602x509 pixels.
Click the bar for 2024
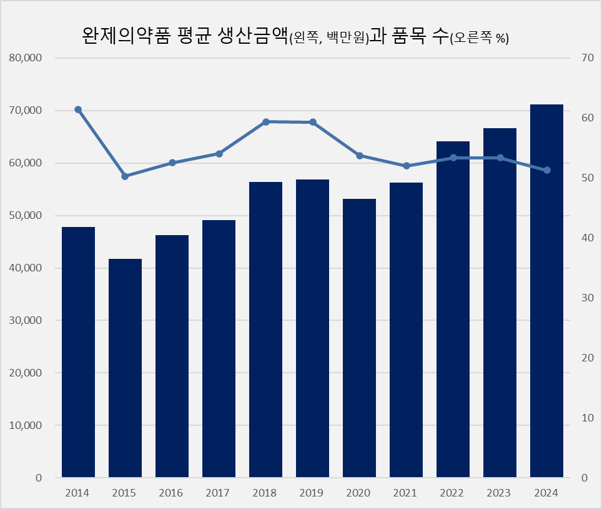[546, 291]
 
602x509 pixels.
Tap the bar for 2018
[265, 330]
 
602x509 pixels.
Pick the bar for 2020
[359, 338]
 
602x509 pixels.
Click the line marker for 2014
[78, 109]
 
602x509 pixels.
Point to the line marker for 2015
[125, 176]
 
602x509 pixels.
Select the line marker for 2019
[313, 122]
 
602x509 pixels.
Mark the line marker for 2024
[547, 170]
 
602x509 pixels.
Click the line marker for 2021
[407, 166]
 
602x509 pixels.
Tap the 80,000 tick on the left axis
[26, 58]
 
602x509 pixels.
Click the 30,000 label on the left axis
[26, 320]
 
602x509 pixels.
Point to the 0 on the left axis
[38, 478]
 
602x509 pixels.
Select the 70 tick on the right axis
[586, 58]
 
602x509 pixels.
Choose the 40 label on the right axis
[586, 238]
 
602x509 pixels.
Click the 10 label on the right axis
[586, 418]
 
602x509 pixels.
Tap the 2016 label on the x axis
[171, 493]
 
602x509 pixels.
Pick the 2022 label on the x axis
[452, 493]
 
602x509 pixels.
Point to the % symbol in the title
[500, 39]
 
